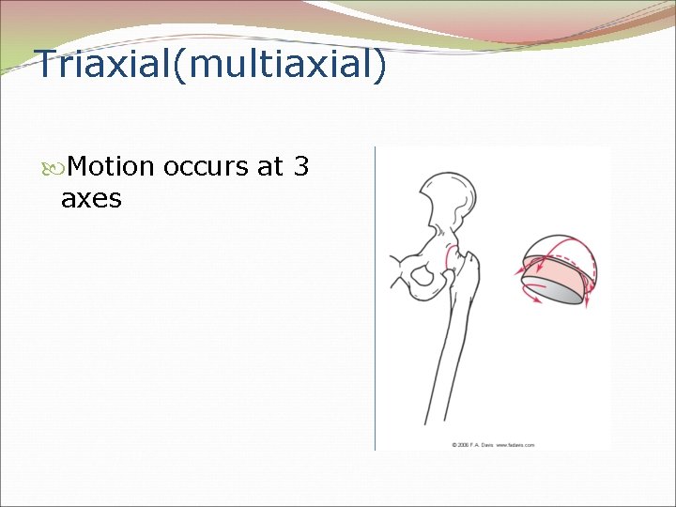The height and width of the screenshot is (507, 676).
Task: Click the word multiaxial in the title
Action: click(272, 66)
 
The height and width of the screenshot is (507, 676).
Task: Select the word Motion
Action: click(111, 167)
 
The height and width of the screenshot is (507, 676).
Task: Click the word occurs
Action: click(206, 167)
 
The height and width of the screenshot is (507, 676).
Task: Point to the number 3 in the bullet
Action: click(300, 167)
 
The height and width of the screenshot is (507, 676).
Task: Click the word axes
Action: click(91, 198)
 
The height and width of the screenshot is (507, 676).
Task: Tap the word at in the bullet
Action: click(270, 167)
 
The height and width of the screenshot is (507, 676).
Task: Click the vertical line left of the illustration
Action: click(375, 300)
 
